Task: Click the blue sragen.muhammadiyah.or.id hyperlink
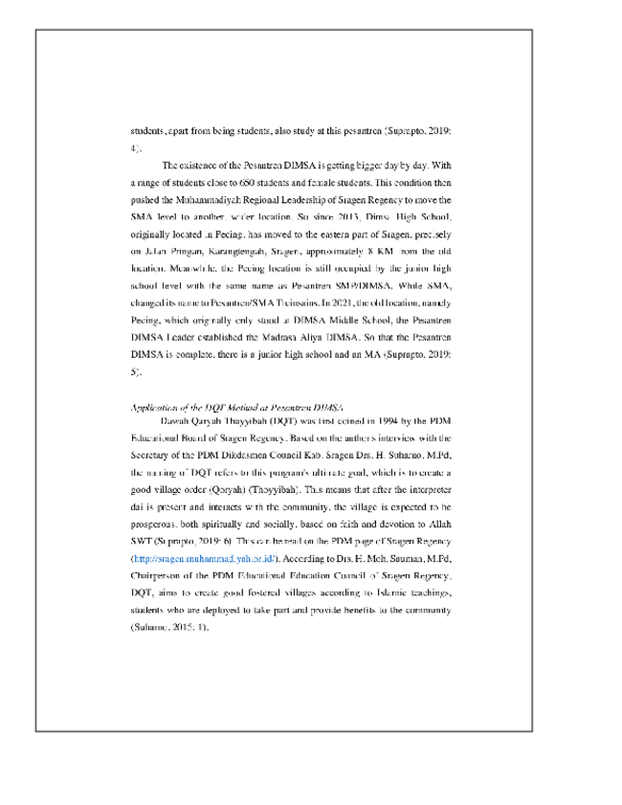(202, 557)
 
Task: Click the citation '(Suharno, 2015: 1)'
(168, 627)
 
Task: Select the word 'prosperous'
(156, 524)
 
